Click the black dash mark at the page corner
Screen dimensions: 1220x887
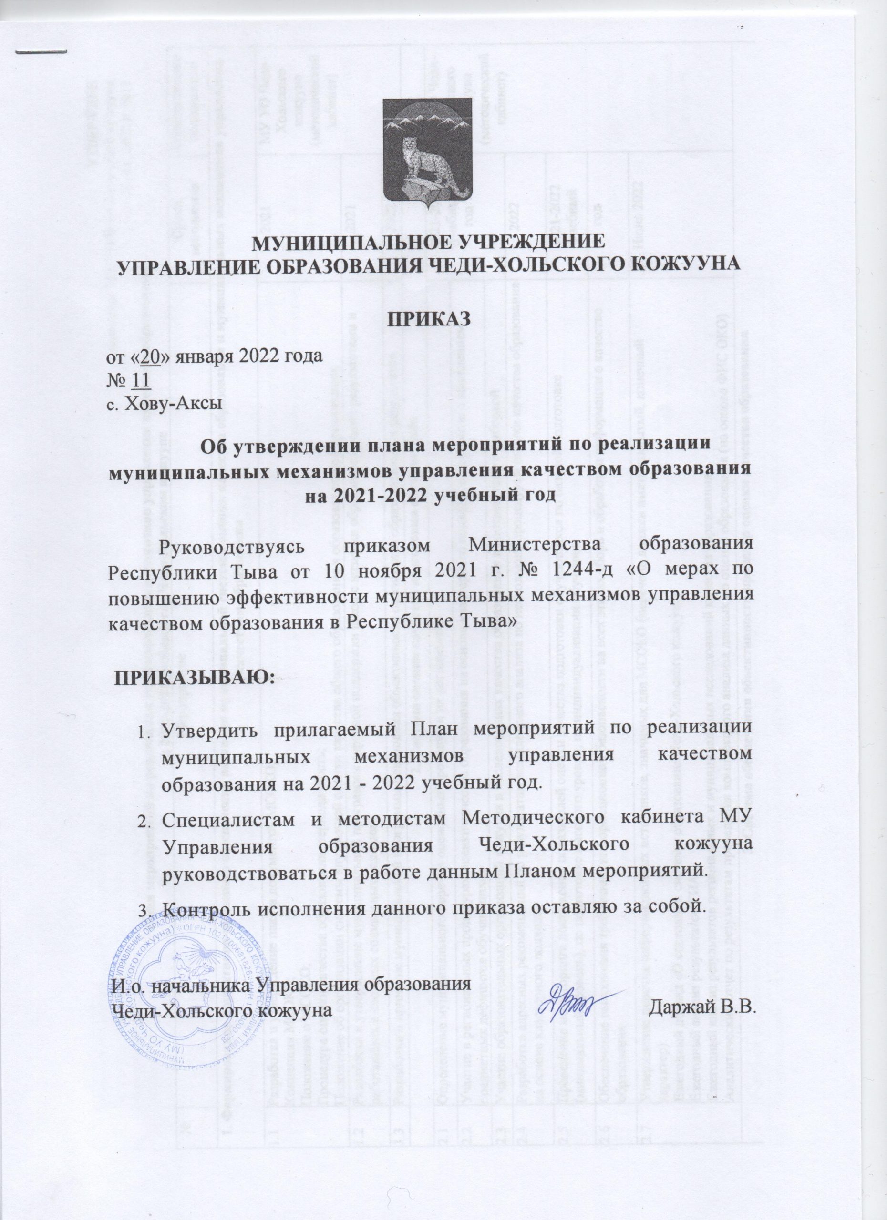41,51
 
